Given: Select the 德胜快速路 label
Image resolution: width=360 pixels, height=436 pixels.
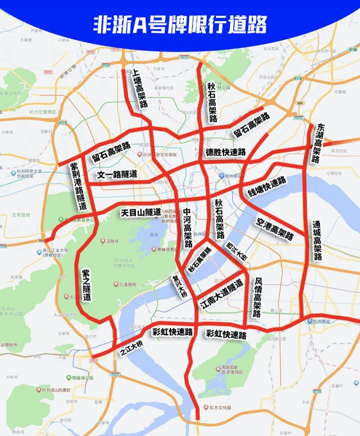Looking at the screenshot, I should (225, 152).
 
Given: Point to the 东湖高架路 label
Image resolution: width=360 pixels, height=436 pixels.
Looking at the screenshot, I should (319, 143).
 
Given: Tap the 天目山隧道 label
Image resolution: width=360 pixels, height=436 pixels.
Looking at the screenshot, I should (140, 211).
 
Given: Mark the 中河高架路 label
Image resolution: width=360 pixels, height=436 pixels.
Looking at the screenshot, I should (187, 228).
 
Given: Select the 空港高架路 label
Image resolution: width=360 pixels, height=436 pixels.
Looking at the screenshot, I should (274, 229).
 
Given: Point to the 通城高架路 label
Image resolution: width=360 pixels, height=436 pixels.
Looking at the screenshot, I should (318, 240).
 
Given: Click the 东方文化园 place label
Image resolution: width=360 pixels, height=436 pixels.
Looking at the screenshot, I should (219, 408).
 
